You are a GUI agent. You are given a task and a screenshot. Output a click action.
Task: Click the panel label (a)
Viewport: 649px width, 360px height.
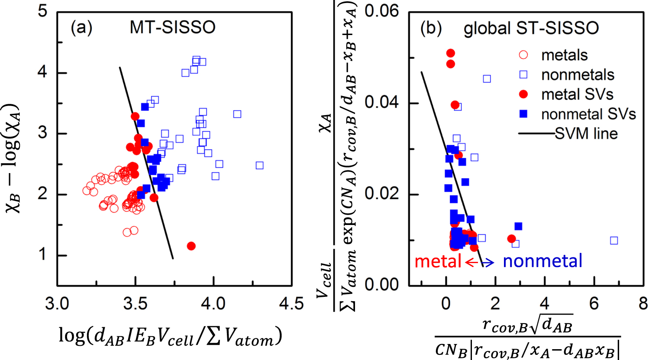pos(81,28)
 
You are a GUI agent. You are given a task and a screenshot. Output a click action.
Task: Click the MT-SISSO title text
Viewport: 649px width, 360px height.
pos(172,28)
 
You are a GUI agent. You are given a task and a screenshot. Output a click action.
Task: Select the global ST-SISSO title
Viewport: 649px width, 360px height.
pos(531,29)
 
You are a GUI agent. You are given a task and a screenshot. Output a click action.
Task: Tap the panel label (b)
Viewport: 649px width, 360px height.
pos(431,29)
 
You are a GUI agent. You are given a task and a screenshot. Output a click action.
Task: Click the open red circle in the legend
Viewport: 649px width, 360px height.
pos(523,55)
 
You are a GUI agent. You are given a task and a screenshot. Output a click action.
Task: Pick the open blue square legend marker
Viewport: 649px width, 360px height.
pos(523,74)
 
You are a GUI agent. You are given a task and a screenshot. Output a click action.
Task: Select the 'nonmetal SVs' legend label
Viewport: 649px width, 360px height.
pos(588,114)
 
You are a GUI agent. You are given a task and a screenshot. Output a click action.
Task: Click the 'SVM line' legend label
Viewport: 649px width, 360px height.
pos(587,134)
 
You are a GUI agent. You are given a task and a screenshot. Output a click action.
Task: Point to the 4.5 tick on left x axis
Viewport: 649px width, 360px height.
pos(291,304)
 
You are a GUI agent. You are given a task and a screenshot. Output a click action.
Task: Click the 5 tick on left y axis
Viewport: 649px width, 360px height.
pos(42,11)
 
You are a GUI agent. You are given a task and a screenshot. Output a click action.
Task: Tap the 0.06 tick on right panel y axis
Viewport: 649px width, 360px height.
pos(381,11)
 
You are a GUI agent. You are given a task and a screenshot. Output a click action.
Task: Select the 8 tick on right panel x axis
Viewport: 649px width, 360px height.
pos(643,304)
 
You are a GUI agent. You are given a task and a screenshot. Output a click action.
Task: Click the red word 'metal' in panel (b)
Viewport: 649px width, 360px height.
pos(438,262)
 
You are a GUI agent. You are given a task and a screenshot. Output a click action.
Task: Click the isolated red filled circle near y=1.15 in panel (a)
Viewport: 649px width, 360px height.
pos(191,246)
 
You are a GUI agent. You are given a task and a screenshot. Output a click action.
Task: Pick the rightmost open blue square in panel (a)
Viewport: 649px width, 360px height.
pos(259,165)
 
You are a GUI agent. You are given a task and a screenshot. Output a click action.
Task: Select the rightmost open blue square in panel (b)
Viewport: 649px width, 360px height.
pos(614,241)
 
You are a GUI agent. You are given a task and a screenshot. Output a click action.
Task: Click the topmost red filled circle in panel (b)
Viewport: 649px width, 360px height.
pos(451,53)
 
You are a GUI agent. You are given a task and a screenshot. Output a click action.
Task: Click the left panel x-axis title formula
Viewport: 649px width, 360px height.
pos(170,336)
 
